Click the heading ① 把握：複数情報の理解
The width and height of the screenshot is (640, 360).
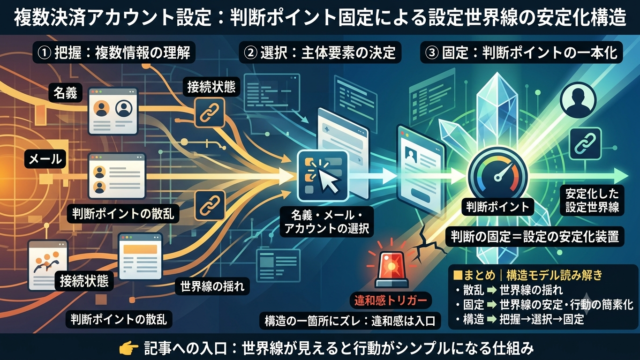click(114, 53)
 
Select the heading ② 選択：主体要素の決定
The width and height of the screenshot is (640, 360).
click(320, 53)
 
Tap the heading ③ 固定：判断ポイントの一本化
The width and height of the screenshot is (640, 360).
click(521, 53)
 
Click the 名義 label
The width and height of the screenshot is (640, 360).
click(65, 93)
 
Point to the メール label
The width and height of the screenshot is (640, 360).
click(45, 159)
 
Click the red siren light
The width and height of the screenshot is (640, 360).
click(391, 265)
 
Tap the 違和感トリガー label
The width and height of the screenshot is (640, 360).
click(391, 301)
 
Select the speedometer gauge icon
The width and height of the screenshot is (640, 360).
click(498, 175)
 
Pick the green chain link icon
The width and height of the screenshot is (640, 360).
click(585, 143)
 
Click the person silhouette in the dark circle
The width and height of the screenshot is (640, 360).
click(578, 100)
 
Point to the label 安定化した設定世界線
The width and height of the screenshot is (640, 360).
click(592, 200)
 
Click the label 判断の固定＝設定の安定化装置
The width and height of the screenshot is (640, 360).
click(535, 236)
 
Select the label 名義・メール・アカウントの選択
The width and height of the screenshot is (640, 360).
click(327, 222)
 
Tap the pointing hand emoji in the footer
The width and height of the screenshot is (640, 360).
click(129, 348)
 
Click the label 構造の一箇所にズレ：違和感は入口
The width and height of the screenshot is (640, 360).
click(350, 321)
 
